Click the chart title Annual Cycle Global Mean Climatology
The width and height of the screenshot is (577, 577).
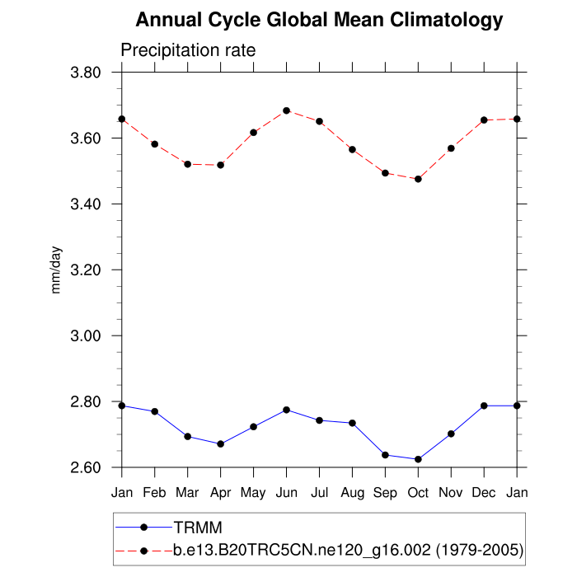319,20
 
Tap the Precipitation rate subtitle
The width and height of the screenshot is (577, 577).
188,50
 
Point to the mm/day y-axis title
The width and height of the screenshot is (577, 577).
56,270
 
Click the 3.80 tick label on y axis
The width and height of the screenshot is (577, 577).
92,73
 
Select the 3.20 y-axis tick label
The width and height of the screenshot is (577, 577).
92,270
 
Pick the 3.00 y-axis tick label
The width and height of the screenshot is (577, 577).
92,336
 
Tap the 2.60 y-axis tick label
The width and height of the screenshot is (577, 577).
92,468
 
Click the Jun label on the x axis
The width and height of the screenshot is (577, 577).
286,491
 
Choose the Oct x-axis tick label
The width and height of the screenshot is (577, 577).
418,491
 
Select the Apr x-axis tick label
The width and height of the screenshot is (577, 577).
220,491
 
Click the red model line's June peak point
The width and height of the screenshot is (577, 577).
286,110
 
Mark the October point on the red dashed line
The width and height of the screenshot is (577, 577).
418,179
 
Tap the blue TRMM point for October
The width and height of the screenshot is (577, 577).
418,459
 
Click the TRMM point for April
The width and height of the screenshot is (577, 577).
220,444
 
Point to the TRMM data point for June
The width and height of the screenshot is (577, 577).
286,410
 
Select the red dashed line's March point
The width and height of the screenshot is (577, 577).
187,164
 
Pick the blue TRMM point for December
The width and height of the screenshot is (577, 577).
484,406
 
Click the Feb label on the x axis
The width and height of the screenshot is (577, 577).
154,491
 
